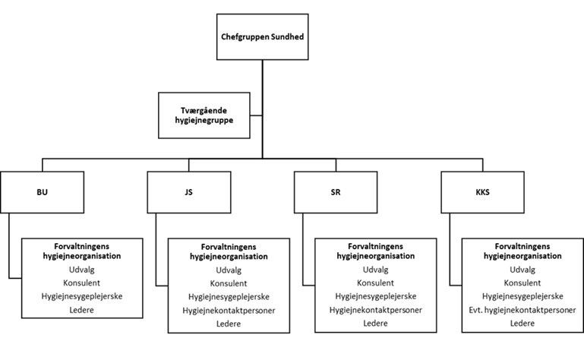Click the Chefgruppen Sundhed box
pyautogui.click(x=262, y=37)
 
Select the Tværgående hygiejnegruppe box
pyautogui.click(x=204, y=115)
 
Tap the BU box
pyautogui.click(x=42, y=192)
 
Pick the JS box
pyautogui.click(x=189, y=192)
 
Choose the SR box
pyautogui.click(x=336, y=192)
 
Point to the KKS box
pyautogui.click(x=483, y=192)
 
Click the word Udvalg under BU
pyautogui.click(x=81, y=270)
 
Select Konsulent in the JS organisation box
pyautogui.click(x=229, y=283)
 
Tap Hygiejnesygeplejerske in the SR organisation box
pyautogui.click(x=376, y=296)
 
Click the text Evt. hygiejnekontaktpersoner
pyautogui.click(x=522, y=310)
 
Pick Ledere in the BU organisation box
pyautogui.click(x=81, y=310)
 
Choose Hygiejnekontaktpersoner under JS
pyautogui.click(x=229, y=311)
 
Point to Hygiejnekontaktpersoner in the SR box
pyautogui.click(x=376, y=310)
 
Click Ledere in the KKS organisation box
pyautogui.click(x=522, y=323)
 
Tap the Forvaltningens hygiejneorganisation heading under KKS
pyautogui.click(x=522, y=251)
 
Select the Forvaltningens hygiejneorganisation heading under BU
pyautogui.click(x=81, y=251)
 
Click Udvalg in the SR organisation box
pyautogui.click(x=375, y=270)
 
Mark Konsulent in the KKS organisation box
pyautogui.click(x=522, y=283)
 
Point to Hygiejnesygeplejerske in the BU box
pyautogui.click(x=82, y=296)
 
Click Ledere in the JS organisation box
pyautogui.click(x=229, y=324)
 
